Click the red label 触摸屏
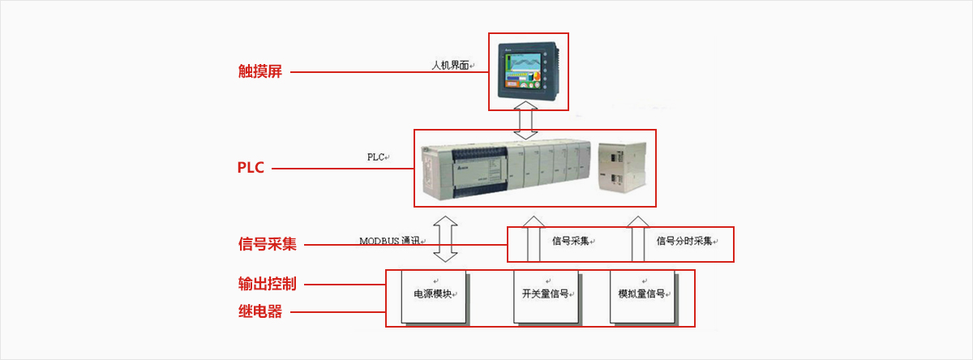[259, 71]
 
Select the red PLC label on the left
[251, 169]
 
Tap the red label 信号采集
[267, 243]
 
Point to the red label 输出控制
[267, 284]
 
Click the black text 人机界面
[450, 65]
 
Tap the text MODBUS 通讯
[391, 241]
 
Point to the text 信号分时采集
[684, 241]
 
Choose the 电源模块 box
[434, 295]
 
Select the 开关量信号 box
[545, 295]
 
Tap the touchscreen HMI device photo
[528, 71]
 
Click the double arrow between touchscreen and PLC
[528, 120]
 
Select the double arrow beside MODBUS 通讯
[445, 238]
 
